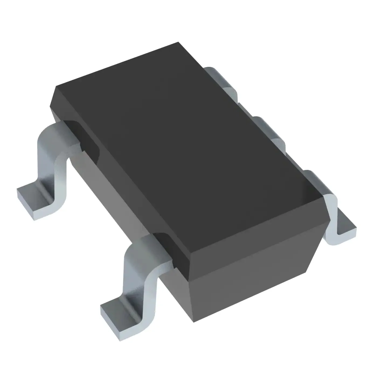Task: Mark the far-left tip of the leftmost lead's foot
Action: coord(17,190)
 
